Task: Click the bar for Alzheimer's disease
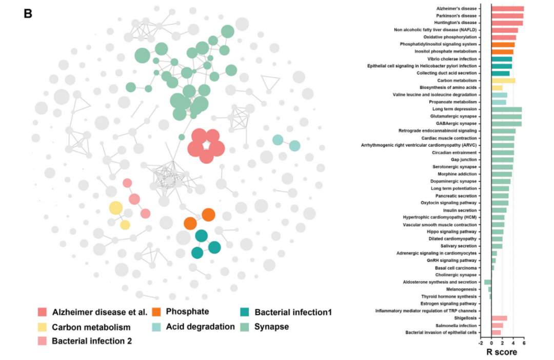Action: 507,9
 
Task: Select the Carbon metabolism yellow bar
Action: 503,81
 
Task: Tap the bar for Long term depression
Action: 506,109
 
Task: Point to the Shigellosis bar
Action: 499,318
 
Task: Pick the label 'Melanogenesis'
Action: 463,289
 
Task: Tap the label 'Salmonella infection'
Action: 456,325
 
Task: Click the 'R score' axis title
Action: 501,352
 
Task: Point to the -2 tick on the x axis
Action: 481,342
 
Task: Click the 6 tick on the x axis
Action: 524,342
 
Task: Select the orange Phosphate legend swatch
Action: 159,312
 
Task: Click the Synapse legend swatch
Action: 245,326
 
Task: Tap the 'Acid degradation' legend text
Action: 200,326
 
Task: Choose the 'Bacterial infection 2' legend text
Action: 92,341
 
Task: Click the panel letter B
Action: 28,13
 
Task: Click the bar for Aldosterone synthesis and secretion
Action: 488,282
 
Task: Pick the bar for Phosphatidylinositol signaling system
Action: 503,45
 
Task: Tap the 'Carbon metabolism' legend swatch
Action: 43,327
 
